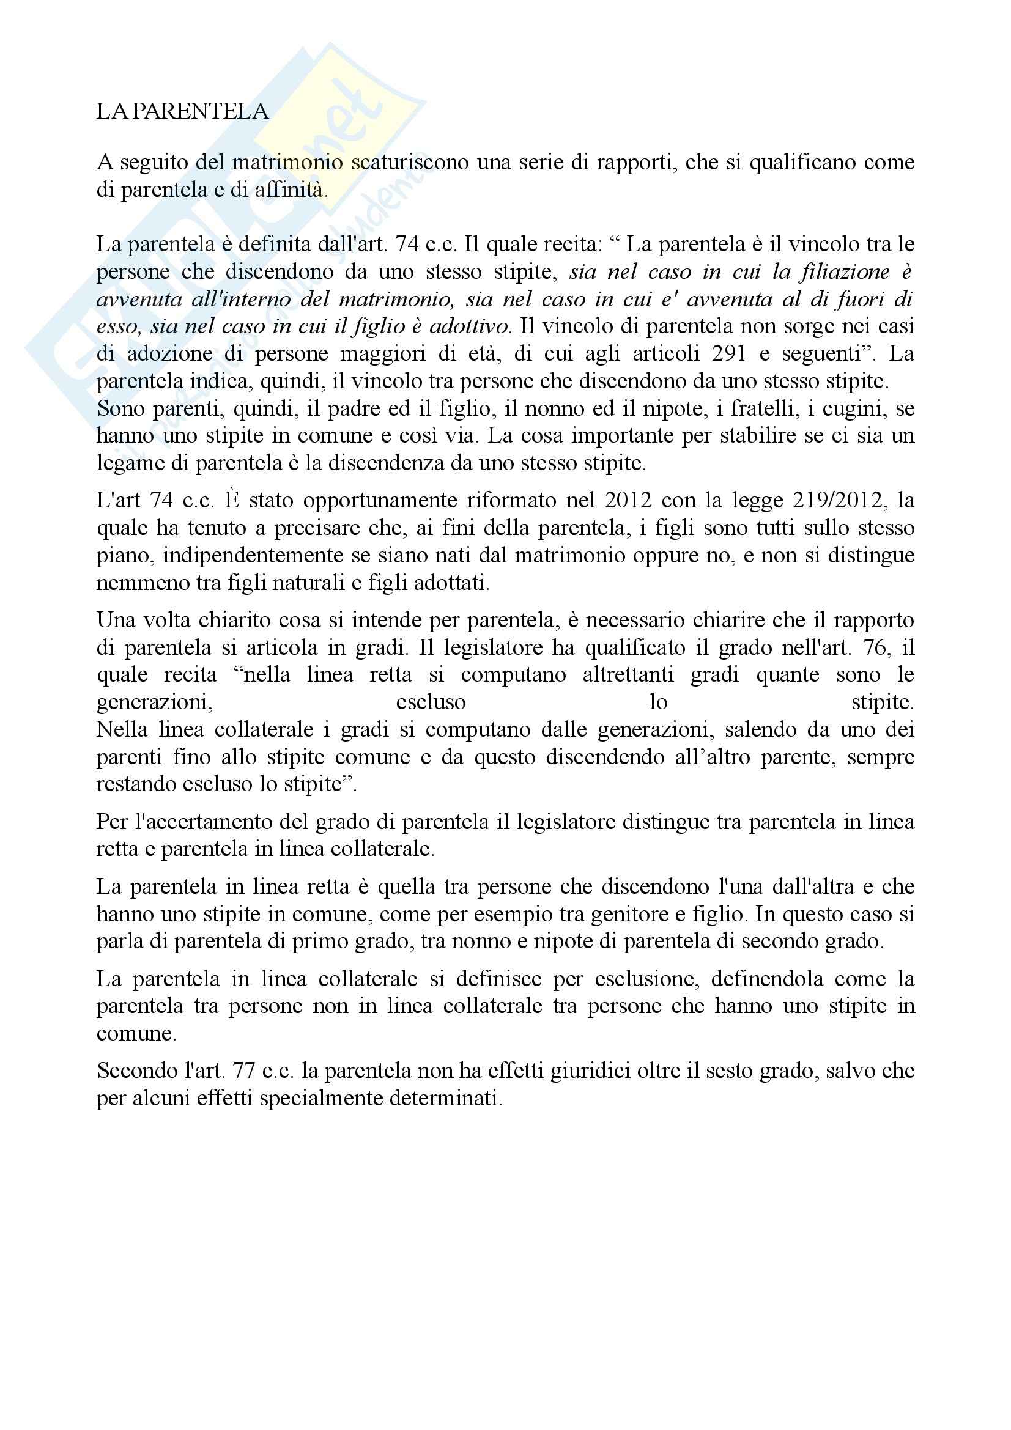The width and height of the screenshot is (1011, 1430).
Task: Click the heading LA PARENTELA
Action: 182,111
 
